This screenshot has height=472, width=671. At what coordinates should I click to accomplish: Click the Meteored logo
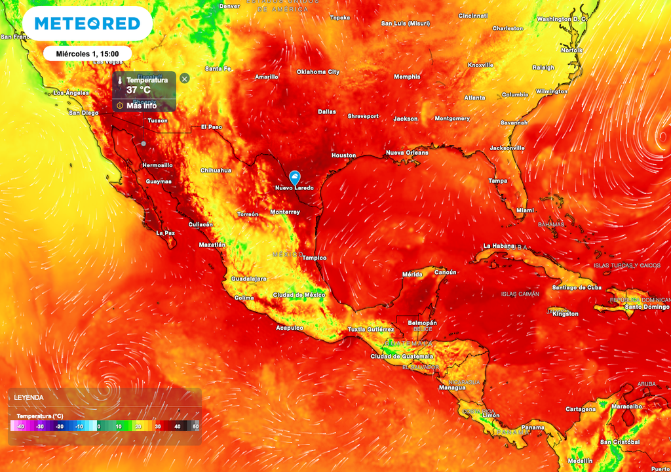(87, 24)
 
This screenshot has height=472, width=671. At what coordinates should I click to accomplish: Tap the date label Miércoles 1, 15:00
(87, 53)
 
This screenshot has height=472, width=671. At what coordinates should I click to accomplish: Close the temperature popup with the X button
(185, 79)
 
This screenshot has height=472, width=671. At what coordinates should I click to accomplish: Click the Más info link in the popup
(141, 105)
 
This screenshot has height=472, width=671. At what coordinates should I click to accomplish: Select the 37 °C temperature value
(139, 89)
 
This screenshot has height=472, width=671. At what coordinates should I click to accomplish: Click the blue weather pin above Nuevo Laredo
(295, 176)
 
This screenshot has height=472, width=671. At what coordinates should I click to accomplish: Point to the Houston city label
(343, 155)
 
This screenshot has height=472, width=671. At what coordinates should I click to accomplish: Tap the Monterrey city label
(285, 212)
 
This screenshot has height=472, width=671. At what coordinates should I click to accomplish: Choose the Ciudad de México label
(299, 295)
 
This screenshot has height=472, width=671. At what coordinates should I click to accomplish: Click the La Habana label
(499, 246)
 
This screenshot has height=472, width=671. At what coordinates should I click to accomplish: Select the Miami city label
(525, 210)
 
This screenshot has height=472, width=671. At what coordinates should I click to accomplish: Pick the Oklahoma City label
(318, 71)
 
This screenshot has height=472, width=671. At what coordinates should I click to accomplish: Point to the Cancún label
(445, 272)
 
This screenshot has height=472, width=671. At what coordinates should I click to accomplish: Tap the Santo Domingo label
(647, 307)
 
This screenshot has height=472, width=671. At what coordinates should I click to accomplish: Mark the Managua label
(452, 387)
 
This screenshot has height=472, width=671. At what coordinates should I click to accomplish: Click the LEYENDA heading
(29, 398)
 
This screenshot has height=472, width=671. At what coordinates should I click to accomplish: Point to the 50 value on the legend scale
(195, 426)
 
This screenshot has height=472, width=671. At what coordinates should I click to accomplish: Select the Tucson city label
(157, 121)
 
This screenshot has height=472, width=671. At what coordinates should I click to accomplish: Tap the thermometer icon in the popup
(121, 80)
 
